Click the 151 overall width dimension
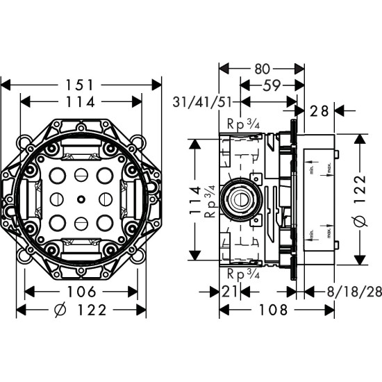point(82,84)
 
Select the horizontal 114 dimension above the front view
point(82,101)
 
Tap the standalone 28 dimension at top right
point(320,109)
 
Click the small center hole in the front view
point(82,200)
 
